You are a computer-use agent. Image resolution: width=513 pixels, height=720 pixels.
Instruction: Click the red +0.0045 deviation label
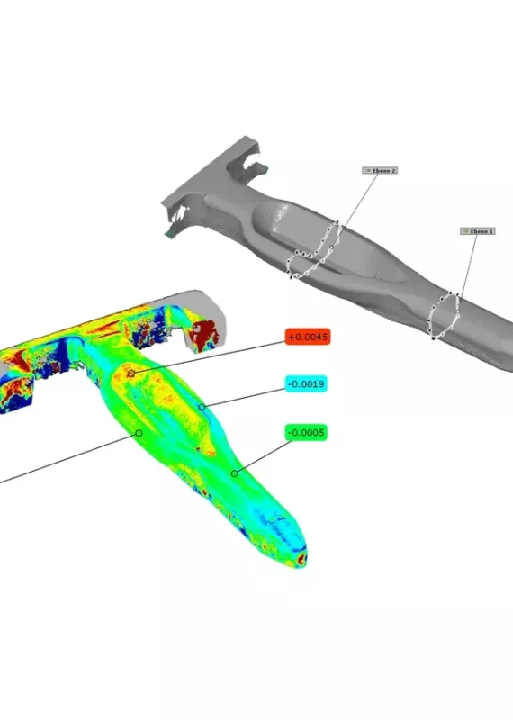(x=308, y=337)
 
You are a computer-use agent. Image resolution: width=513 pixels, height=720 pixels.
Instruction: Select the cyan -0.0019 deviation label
(x=307, y=384)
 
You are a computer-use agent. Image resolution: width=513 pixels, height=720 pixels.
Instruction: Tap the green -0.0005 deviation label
(x=307, y=433)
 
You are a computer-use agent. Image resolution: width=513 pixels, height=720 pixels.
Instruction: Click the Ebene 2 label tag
(x=380, y=170)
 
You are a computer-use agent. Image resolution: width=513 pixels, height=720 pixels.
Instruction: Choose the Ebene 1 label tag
(x=478, y=231)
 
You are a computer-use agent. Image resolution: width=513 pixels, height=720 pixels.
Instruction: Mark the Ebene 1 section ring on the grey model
(x=445, y=316)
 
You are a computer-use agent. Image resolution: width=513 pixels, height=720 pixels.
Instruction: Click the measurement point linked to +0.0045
(x=131, y=372)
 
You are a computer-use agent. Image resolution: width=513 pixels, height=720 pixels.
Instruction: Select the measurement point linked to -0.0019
(x=202, y=407)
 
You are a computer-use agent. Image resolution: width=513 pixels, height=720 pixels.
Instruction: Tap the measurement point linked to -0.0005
(x=235, y=472)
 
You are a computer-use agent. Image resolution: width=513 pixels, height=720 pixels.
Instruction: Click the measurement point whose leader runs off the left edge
(x=139, y=432)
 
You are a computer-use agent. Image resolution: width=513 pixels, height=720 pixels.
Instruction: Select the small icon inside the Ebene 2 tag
(x=367, y=170)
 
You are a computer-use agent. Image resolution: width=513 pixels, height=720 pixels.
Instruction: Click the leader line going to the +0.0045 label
(x=207, y=355)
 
